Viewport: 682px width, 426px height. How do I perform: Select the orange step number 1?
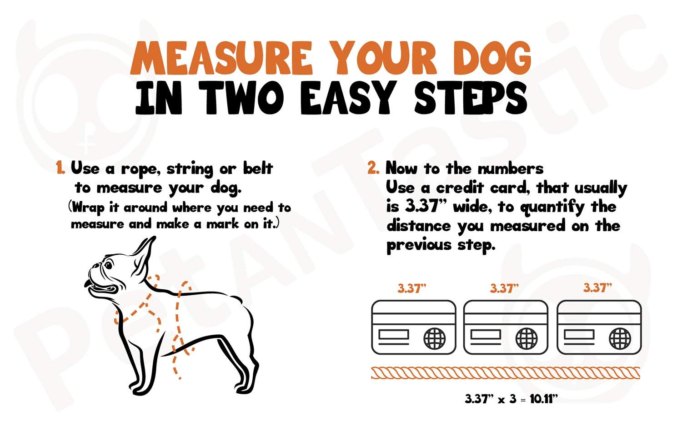point(60,168)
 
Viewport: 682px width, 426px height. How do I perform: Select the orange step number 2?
point(373,168)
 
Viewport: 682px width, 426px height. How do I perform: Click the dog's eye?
point(108,265)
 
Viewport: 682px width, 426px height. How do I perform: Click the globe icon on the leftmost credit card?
point(435,338)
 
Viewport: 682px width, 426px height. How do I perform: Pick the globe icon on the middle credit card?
point(527,338)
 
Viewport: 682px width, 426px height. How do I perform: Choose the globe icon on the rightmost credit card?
point(620,338)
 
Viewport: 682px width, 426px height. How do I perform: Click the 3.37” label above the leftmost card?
point(411,288)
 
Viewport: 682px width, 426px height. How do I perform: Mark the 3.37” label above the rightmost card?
point(597,287)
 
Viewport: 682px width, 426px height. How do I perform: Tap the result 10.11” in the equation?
point(544,398)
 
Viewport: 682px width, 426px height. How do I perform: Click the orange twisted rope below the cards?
point(506,373)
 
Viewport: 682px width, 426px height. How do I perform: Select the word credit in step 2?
point(460,188)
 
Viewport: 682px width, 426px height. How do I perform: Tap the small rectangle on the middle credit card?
point(486,334)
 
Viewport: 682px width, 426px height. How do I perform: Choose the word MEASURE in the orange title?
point(221,58)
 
